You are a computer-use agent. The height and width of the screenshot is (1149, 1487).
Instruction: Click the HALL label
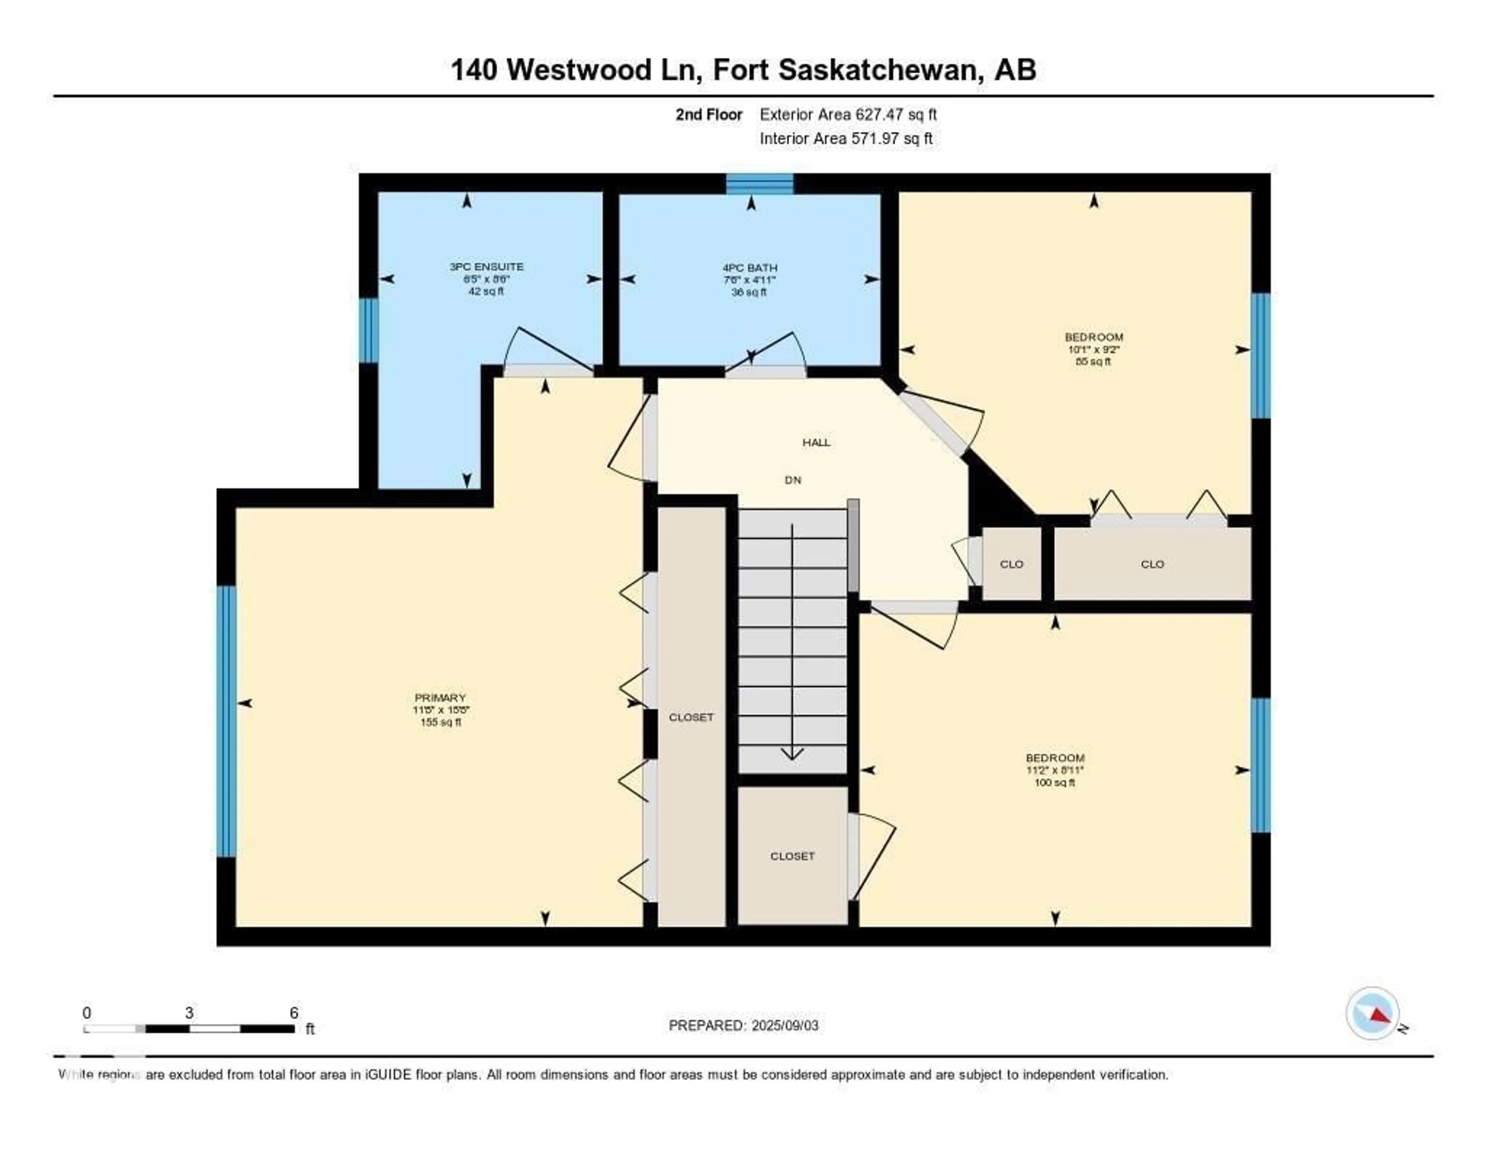click(816, 442)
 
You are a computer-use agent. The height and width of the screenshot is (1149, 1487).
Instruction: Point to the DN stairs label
click(793, 480)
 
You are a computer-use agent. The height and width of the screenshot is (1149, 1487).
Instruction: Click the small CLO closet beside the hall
click(1012, 564)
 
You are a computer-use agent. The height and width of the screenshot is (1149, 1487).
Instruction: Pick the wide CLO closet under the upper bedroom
click(1152, 564)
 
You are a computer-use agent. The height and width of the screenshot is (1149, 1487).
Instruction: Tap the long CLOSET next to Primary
click(691, 717)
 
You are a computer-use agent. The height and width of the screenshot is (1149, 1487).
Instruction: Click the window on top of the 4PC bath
click(759, 184)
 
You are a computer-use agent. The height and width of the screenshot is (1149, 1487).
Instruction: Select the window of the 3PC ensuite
click(368, 330)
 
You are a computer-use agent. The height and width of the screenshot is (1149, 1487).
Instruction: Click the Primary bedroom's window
click(227, 721)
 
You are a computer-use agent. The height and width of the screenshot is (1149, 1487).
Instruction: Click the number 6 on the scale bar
click(294, 1013)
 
